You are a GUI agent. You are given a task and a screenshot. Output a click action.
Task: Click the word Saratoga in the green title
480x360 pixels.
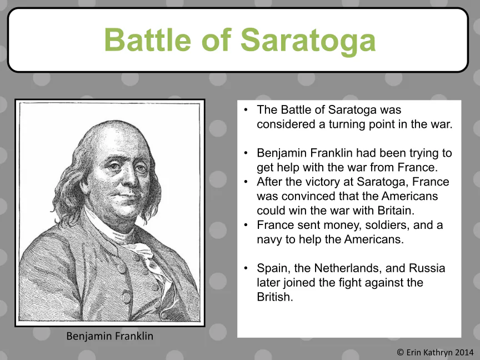click(308, 41)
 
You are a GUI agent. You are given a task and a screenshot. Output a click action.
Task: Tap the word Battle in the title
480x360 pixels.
click(148, 40)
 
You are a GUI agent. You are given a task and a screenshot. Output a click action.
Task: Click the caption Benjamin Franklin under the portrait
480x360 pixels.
click(109, 336)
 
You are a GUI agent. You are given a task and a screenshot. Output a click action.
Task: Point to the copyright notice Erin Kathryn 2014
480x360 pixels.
click(435, 352)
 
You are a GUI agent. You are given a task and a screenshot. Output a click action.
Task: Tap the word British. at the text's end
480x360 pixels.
click(275, 297)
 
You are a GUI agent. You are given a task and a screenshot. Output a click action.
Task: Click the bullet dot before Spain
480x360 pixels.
click(246, 268)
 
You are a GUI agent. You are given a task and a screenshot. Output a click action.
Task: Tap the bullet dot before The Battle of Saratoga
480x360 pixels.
click(246, 110)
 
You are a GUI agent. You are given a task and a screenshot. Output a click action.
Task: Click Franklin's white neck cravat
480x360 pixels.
click(138, 248)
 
